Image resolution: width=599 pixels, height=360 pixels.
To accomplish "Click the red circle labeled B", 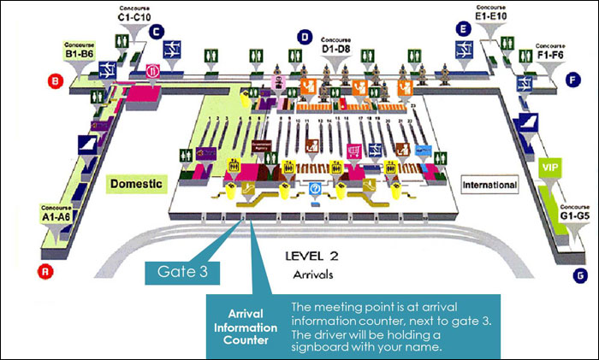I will [56, 82].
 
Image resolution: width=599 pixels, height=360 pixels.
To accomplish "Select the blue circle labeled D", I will [304, 36].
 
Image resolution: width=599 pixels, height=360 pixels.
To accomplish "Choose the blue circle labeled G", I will [582, 275].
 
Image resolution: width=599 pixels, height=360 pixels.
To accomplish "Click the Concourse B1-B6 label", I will [80, 50].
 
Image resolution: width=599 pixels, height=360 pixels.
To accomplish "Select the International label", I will [490, 184].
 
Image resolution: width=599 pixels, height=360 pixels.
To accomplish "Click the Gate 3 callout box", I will [184, 271].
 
